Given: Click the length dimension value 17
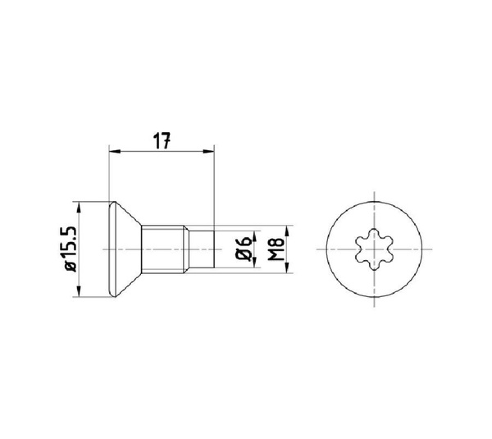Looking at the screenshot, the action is [x=162, y=140].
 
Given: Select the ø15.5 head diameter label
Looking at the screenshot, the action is [x=70, y=249].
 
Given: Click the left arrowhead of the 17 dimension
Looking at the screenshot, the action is [x=115, y=151].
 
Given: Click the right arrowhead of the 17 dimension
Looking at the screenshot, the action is [x=208, y=151].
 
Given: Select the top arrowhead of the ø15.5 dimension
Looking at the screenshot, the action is [x=79, y=208].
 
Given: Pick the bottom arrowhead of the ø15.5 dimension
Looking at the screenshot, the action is [x=79, y=290].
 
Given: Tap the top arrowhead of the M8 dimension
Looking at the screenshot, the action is [x=286, y=231].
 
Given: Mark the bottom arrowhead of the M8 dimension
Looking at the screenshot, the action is [x=286, y=267].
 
